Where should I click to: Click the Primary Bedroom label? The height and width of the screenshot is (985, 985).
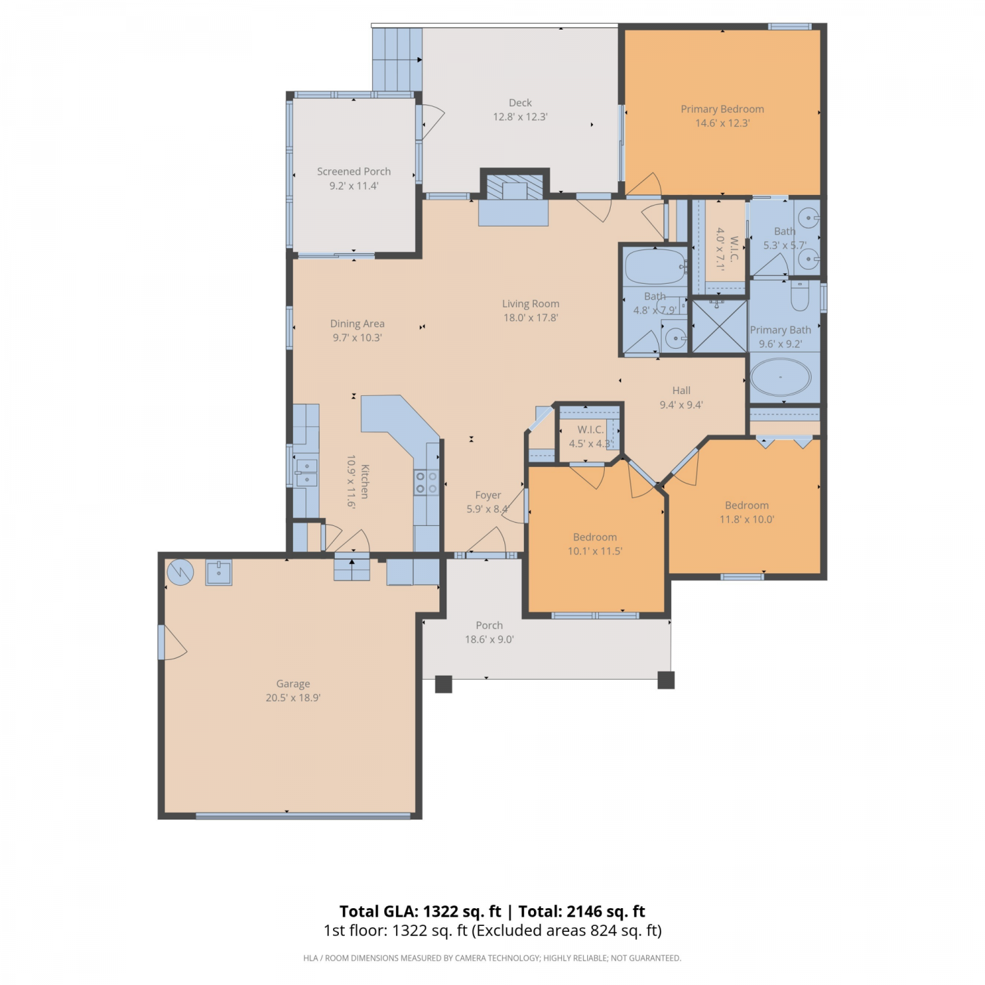[x=722, y=109]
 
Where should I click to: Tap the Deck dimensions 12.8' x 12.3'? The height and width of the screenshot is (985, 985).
[x=520, y=117]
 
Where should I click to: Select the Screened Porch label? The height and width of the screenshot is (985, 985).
[x=354, y=171]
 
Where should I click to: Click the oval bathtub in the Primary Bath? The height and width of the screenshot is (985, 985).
[x=781, y=377]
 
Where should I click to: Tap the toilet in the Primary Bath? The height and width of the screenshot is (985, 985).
[x=799, y=295]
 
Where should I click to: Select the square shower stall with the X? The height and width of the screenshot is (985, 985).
[x=720, y=326]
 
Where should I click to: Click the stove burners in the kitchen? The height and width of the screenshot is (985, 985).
[x=426, y=483]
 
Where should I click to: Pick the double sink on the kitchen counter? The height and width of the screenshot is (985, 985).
[x=306, y=473]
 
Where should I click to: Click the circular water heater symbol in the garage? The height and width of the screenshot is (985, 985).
[x=180, y=573]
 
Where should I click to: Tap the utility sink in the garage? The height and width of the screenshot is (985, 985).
[x=219, y=572]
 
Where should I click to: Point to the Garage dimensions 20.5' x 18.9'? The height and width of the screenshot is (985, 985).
[x=293, y=698]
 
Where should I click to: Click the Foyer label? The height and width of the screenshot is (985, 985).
[x=488, y=495]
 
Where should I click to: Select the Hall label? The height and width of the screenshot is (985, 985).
[x=682, y=390]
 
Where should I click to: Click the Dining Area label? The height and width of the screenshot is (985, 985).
[x=357, y=324]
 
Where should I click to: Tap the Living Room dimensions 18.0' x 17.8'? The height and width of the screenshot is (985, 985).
[x=531, y=318]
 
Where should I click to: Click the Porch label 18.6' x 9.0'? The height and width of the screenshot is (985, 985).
[x=489, y=632]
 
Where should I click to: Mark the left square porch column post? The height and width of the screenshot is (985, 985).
[x=444, y=684]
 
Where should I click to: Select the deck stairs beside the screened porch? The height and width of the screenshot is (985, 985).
[x=397, y=60]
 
